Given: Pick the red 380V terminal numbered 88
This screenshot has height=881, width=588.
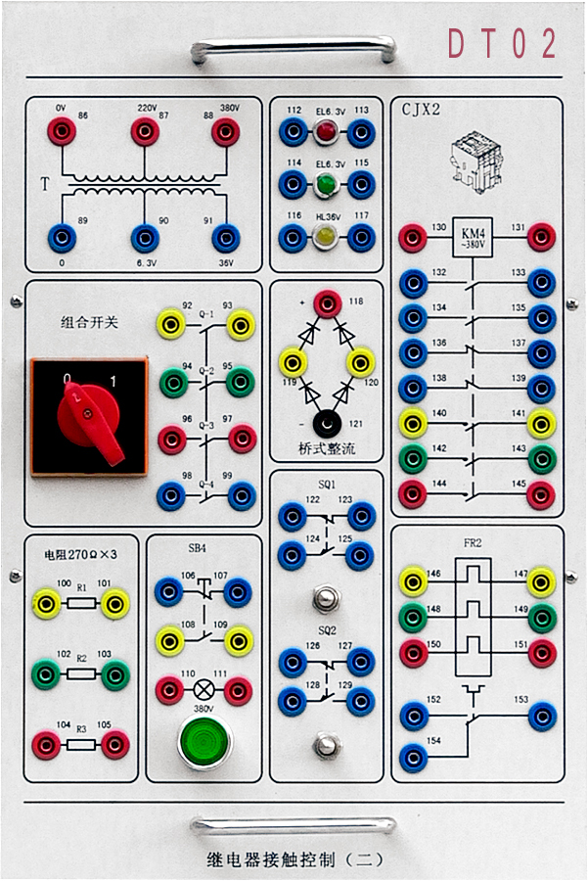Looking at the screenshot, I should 226,129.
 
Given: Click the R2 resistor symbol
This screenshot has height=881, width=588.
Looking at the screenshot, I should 82,674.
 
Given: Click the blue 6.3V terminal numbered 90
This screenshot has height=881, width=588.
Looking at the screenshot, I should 145,238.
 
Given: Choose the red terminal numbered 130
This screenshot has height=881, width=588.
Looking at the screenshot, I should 413,237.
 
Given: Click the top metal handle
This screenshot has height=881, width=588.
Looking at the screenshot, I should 294,48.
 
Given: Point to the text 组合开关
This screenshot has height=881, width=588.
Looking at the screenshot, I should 89,321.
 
